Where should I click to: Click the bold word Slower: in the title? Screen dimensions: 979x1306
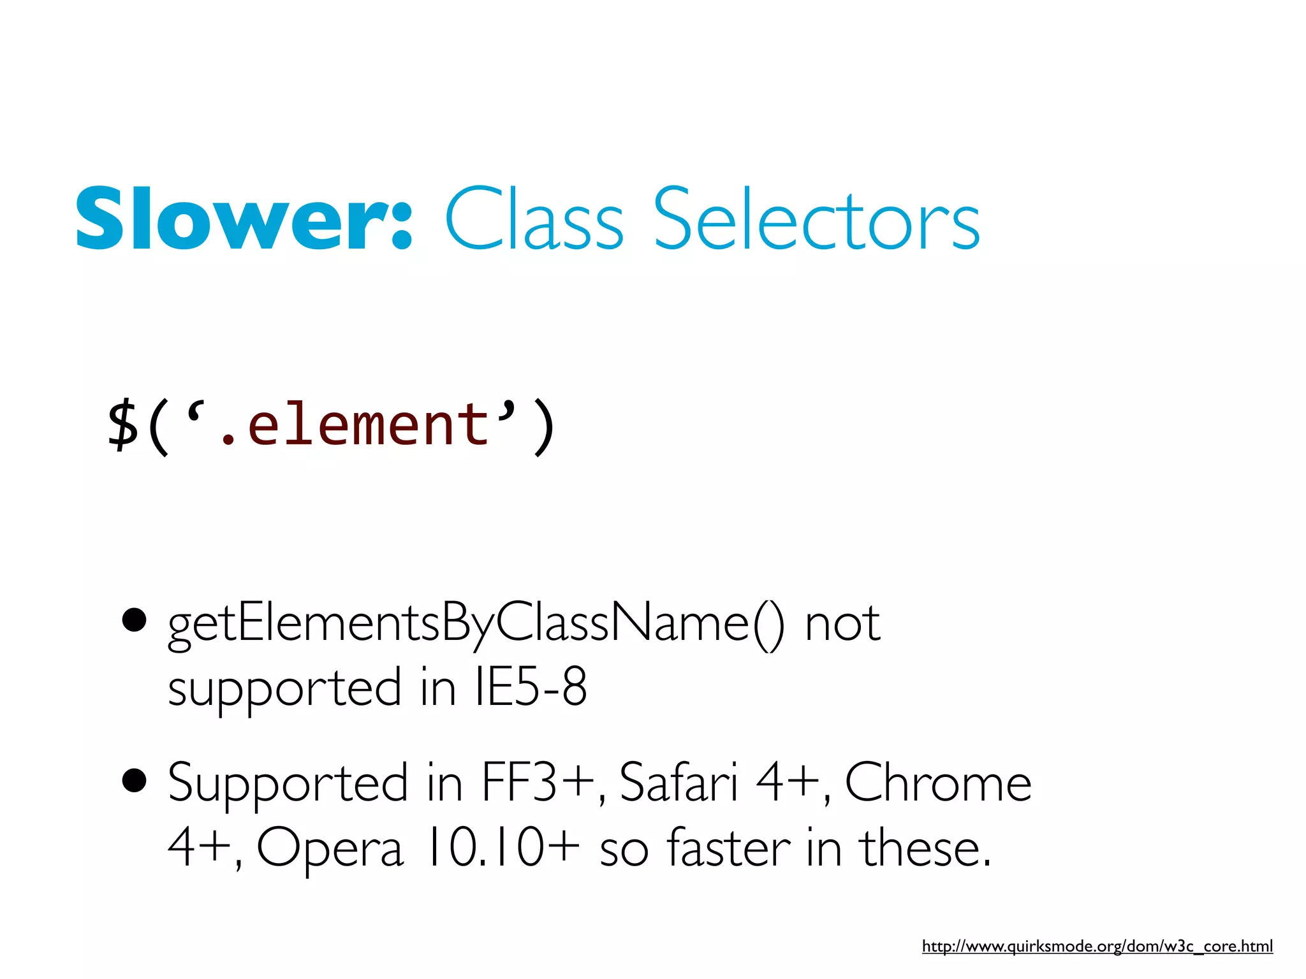[x=244, y=219]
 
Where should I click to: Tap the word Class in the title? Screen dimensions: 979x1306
[x=534, y=219]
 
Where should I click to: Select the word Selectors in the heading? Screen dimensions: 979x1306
[x=816, y=219]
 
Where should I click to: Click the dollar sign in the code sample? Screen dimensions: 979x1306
[x=122, y=425]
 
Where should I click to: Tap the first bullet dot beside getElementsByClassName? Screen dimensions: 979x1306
[x=134, y=619]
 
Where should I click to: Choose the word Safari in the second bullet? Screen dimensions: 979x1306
[x=678, y=783]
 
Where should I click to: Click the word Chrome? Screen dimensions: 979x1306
[x=938, y=783]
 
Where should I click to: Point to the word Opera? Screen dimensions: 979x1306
[x=330, y=849]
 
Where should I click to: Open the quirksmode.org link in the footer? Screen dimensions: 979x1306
[x=1097, y=946]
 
